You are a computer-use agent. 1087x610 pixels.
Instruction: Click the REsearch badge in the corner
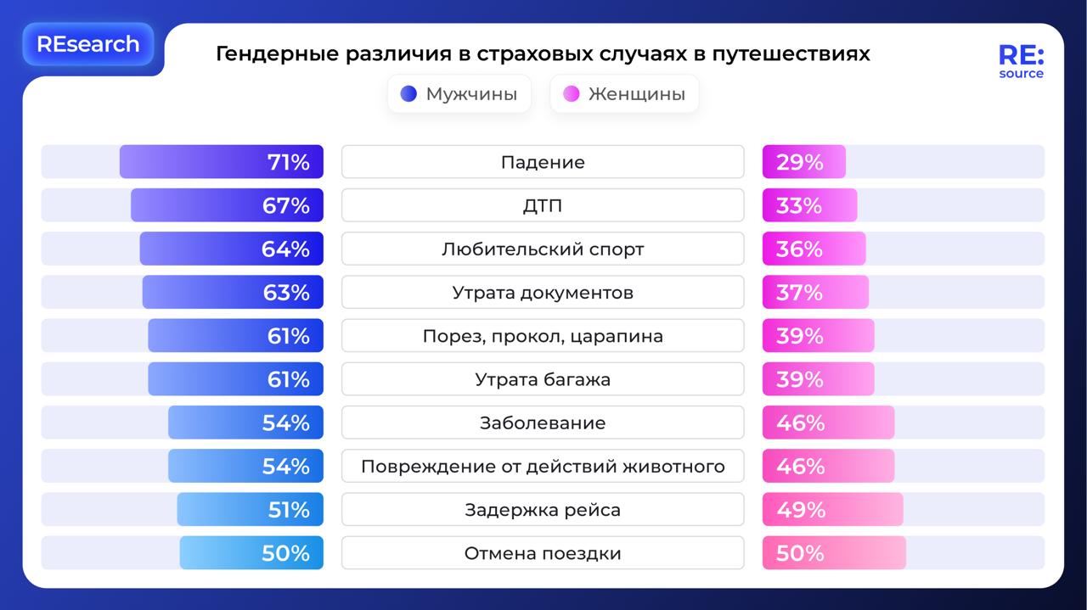click(x=87, y=44)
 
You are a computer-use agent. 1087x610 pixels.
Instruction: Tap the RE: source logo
click(x=1021, y=62)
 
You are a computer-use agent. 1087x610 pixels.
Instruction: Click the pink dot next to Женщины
click(x=572, y=94)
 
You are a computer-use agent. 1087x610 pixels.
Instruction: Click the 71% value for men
click(x=289, y=162)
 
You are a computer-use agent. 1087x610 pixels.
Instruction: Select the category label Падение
click(x=543, y=162)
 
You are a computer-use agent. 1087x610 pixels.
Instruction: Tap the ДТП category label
click(x=543, y=205)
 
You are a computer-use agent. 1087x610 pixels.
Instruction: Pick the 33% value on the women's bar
click(x=799, y=205)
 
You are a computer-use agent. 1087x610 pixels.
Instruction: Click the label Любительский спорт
click(x=543, y=249)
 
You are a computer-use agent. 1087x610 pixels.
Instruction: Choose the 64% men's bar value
click(x=285, y=249)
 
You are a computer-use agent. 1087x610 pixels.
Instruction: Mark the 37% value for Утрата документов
click(x=799, y=293)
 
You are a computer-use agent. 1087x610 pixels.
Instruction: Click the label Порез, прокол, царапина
click(x=543, y=336)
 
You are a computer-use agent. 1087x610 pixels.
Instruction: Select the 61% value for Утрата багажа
click(x=289, y=379)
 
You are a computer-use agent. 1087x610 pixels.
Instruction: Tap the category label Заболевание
click(x=543, y=423)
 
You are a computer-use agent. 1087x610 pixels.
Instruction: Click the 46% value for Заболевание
click(x=800, y=423)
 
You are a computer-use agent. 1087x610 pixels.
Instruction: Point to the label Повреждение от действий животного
click(x=543, y=467)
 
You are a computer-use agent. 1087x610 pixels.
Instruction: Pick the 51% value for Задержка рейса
click(x=289, y=510)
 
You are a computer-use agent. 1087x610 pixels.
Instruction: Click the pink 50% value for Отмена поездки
click(x=800, y=553)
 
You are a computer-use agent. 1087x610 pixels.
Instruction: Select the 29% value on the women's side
click(x=799, y=162)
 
